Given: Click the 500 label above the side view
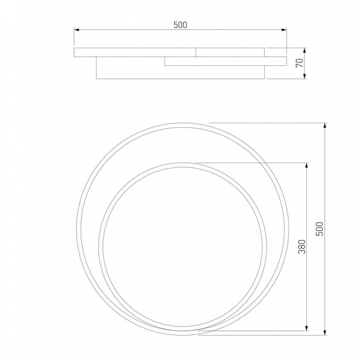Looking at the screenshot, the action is [180, 25].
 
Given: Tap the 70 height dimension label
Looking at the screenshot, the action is [299, 63].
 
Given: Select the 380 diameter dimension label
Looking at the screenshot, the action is [302, 247].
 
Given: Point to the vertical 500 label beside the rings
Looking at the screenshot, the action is [320, 229].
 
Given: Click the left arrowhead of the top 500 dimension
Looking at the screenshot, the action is [76, 29].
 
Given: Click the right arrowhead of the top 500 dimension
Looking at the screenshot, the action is [284, 29].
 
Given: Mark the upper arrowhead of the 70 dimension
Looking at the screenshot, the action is [304, 51].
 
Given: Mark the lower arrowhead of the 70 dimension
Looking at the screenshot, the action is [304, 76].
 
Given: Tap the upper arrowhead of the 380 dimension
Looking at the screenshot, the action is [306, 166].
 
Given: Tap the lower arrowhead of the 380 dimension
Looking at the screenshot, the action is [306, 328].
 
